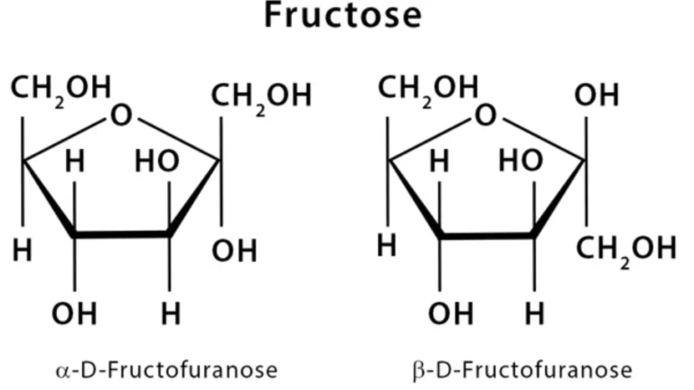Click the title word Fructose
tap(342, 15)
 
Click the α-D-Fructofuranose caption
tap(166, 369)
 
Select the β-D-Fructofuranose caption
tap(522, 370)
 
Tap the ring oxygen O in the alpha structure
tap(121, 115)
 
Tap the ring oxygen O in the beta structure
tap(485, 115)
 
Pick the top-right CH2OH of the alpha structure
tap(261, 97)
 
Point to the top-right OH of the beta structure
tap(596, 95)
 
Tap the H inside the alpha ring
tap(75, 161)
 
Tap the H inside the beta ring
tap(439, 161)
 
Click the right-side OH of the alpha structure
tap(234, 250)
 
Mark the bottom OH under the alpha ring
tap(74, 313)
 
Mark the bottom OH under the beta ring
tap(451, 313)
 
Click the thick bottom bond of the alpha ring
tap(122, 235)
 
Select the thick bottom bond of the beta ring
tap(487, 235)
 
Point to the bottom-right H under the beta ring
tap(534, 313)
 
